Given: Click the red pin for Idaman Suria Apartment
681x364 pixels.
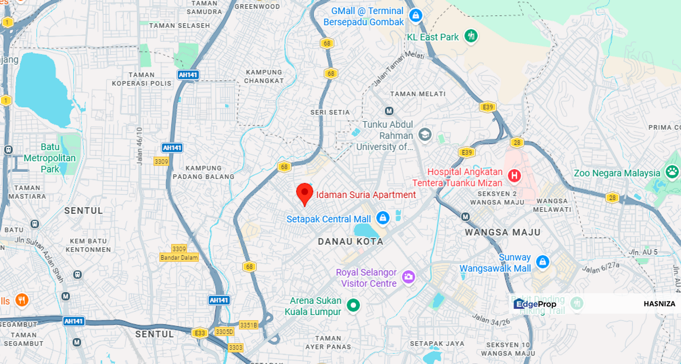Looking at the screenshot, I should point(304,193).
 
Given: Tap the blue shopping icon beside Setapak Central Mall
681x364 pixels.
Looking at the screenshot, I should point(383,218).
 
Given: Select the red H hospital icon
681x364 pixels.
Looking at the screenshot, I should point(514,176).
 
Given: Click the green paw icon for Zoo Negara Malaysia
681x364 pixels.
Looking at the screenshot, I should point(672,172).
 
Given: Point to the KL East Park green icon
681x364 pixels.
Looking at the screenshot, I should point(471,36).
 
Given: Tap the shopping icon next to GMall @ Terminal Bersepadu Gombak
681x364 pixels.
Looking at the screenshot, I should point(416,16).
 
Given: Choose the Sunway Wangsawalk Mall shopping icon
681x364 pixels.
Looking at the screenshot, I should point(542,262).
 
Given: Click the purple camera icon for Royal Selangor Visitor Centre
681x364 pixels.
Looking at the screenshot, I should point(408,277).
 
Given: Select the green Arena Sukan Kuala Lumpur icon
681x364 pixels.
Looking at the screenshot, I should point(353,305).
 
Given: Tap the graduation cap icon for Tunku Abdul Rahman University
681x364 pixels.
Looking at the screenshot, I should point(424,134).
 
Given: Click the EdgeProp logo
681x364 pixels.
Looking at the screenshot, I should point(535,304).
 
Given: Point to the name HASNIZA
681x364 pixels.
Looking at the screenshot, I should point(659,304).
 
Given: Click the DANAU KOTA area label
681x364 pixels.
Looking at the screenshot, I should point(350,242).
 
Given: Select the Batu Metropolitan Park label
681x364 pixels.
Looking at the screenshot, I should point(50,158).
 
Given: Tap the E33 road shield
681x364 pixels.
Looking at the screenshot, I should point(199,333).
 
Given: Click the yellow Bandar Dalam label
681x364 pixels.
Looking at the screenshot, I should point(179,257).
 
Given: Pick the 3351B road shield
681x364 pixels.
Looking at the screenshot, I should point(248,325).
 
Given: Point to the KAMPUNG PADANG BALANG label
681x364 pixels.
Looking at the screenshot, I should point(203,172).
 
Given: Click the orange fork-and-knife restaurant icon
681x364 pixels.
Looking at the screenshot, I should point(21,300).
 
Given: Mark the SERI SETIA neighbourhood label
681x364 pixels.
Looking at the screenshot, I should point(330,112).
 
